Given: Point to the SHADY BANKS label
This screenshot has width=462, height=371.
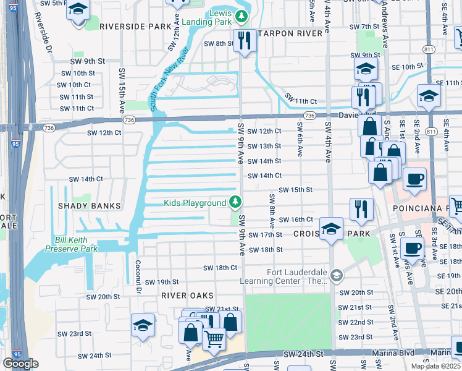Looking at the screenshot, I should [x=88, y=205].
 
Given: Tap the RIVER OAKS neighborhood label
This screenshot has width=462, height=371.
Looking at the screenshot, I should [x=187, y=296].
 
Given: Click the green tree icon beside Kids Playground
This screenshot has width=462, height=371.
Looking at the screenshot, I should [x=235, y=202].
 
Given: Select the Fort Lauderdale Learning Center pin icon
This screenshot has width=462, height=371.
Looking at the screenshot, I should [x=336, y=275].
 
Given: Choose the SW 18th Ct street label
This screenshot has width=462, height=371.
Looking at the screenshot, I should [x=220, y=268].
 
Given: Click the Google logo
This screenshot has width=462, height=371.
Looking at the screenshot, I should [x=20, y=364].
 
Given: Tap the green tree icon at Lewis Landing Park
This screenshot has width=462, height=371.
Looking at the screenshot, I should [x=243, y=15].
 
